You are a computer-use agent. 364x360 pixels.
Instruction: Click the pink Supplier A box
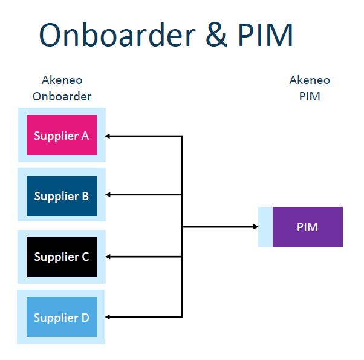pos(62,135)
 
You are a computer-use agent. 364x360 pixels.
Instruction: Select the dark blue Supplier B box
pos(62,196)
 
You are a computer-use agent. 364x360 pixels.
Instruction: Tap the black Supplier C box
pos(62,257)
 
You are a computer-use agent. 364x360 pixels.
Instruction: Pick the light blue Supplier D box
pos(62,317)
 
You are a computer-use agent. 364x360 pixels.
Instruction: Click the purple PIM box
pos(308,227)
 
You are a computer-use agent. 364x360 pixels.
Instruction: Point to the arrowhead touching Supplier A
pos(108,136)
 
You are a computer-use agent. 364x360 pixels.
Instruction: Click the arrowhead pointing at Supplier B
pos(108,195)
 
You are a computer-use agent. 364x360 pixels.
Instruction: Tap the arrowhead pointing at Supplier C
pos(108,257)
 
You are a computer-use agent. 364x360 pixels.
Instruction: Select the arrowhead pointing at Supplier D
pos(108,317)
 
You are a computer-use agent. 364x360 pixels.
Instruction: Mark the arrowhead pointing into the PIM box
pos(255,227)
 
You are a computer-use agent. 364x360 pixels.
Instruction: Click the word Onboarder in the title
pos(117,35)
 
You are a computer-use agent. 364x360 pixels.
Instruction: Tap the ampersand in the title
pos(216,35)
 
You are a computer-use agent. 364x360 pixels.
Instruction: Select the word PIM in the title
pos(265,35)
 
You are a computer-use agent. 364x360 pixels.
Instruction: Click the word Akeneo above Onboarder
pos(62,80)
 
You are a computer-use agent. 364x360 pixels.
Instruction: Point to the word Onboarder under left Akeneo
pos(62,96)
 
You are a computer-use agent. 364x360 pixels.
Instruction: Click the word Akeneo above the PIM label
pos(310,80)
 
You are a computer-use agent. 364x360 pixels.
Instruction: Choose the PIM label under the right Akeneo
pos(310,96)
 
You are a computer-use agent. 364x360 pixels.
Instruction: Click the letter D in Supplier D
pos(85,318)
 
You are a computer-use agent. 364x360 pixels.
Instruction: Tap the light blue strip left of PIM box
pos(265,227)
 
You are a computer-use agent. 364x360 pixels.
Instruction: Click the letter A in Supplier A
pos(85,136)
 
